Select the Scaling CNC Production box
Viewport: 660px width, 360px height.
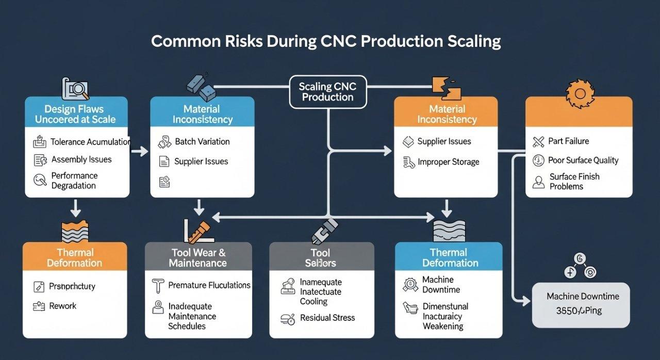click(x=327, y=92)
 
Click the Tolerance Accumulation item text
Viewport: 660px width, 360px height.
click(x=90, y=142)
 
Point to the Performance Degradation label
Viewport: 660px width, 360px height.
click(x=74, y=181)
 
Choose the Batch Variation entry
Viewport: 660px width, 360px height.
click(x=202, y=141)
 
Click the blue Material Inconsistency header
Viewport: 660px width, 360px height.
click(x=202, y=114)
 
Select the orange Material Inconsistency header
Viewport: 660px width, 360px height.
click(x=446, y=114)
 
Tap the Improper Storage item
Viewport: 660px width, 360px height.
click(x=448, y=162)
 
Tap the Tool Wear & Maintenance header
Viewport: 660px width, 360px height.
click(x=198, y=258)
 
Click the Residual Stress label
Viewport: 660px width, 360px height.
click(x=327, y=318)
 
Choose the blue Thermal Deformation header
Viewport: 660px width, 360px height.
click(x=448, y=258)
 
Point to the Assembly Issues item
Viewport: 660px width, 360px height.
click(x=81, y=160)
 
